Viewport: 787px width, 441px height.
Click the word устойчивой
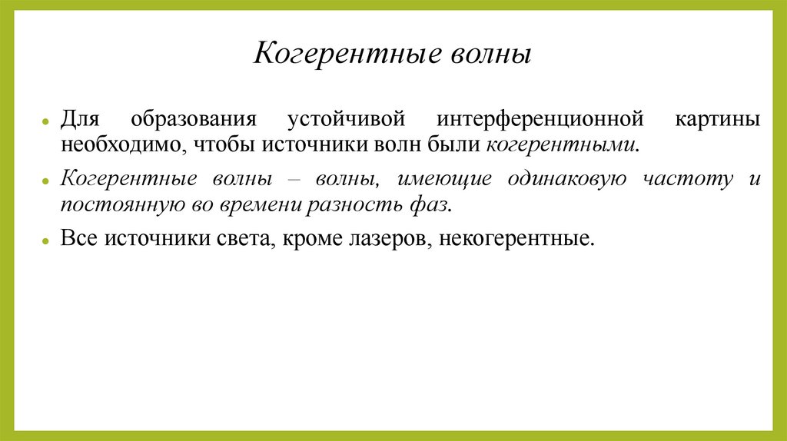point(345,120)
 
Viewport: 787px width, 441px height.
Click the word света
point(239,239)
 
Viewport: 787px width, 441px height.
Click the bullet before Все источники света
point(47,240)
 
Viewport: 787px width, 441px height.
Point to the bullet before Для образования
point(47,121)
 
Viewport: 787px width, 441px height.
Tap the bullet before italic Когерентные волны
point(47,181)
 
